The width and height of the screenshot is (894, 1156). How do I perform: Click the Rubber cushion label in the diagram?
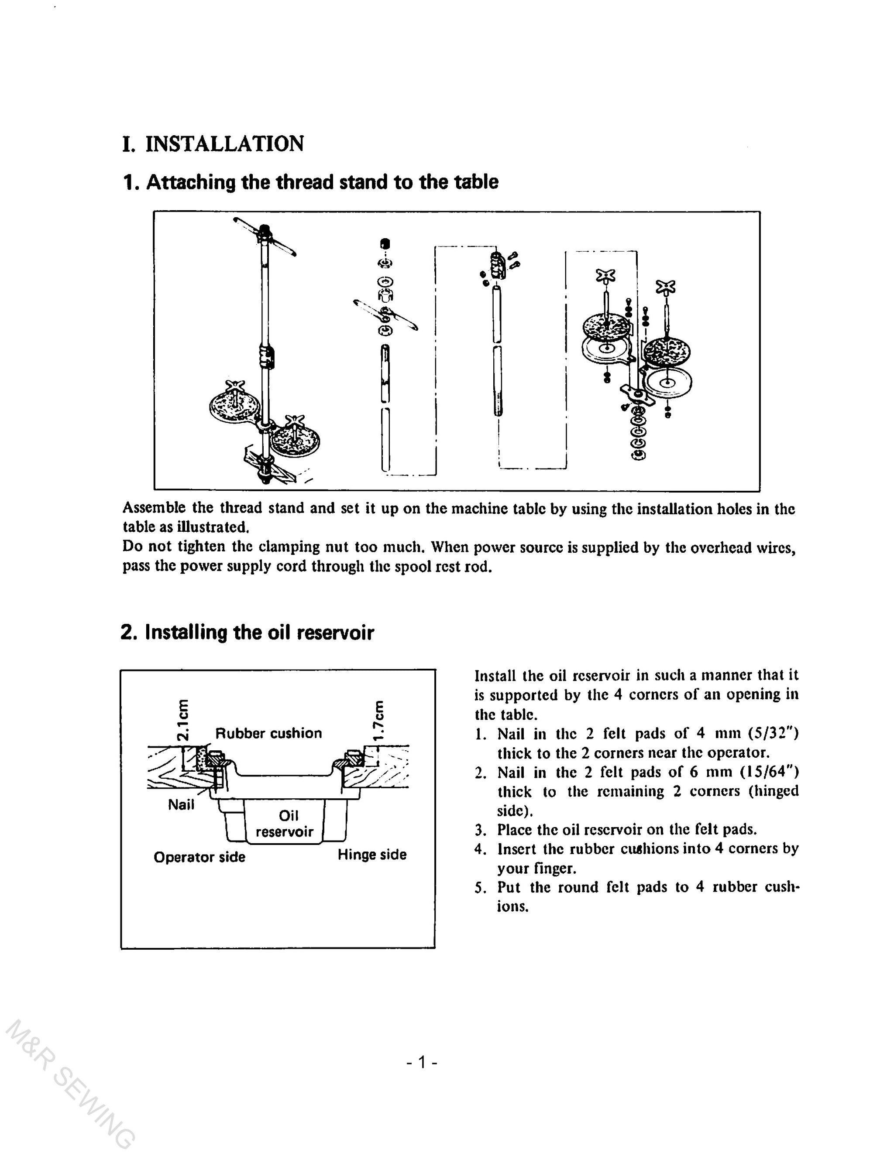[x=268, y=734]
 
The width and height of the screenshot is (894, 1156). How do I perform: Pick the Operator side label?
[x=199, y=857]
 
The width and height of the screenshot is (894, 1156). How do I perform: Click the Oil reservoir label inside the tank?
[x=285, y=824]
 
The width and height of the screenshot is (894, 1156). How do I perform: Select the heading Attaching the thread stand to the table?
[x=322, y=182]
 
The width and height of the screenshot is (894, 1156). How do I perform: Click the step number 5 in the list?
[x=480, y=888]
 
